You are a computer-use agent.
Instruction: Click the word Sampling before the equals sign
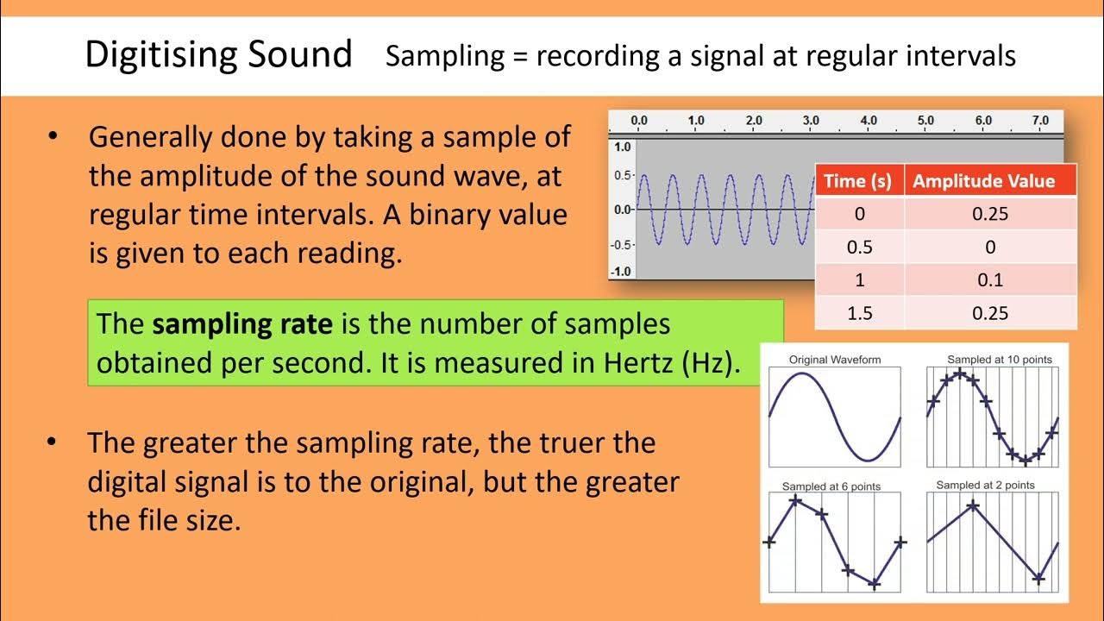tap(445, 56)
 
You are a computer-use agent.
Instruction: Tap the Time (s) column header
tap(857, 181)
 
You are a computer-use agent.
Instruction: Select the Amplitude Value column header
tap(983, 181)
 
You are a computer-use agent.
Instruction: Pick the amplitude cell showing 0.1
tap(989, 280)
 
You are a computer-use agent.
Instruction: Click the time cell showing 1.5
tap(859, 313)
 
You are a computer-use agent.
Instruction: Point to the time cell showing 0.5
tap(859, 248)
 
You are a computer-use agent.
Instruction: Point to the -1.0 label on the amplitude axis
tap(621, 272)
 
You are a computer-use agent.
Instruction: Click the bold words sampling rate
tap(242, 324)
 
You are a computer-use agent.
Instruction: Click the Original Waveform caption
tap(834, 360)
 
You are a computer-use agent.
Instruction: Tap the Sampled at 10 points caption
tap(999, 360)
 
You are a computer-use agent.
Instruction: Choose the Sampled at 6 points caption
tap(831, 486)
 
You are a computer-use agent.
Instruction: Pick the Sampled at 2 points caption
tap(985, 486)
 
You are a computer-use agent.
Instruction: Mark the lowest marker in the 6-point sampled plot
tap(875, 584)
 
